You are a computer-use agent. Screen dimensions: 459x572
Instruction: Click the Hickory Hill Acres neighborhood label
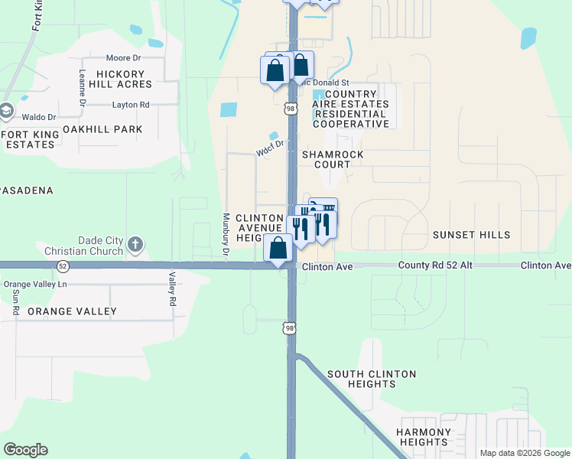[120, 78]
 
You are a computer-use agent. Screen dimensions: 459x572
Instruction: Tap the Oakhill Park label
[102, 129]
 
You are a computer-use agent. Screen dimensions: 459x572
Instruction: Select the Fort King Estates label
[30, 139]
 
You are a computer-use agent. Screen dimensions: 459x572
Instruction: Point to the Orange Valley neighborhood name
[72, 311]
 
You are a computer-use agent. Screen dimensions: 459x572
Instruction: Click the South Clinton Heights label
[372, 379]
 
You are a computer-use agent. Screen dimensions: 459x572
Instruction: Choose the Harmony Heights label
[423, 438]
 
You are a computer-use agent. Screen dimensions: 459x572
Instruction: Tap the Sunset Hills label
[471, 235]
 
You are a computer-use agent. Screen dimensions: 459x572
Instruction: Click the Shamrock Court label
[332, 159]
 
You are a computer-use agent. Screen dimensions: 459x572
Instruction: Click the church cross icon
[135, 246]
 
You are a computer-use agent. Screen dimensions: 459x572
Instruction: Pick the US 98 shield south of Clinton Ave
[290, 328]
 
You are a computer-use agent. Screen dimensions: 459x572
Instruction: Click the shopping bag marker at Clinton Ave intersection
[278, 248]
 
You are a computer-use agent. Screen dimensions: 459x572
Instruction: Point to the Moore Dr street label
[124, 58]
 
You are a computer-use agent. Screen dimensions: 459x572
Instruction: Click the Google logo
[25, 450]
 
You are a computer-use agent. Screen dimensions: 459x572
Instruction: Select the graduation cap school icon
[6, 111]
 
